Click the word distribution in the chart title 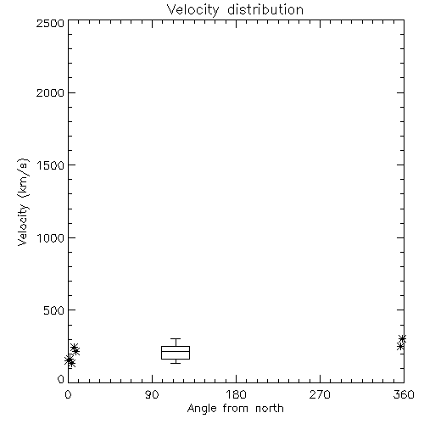(x=265, y=10)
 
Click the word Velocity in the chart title (x=193, y=11)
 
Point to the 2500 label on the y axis (x=50, y=23)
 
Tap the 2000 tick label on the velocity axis (x=50, y=92)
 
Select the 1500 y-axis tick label (x=51, y=165)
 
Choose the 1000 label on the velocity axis (x=51, y=238)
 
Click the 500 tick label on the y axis (x=54, y=310)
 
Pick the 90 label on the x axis (x=152, y=394)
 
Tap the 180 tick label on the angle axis (x=236, y=394)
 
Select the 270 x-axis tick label (x=320, y=394)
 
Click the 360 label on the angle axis (x=404, y=394)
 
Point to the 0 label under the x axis (x=68, y=394)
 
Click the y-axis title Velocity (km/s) (x=23, y=202)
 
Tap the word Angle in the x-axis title (x=202, y=410)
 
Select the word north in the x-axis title (x=270, y=409)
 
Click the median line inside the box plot (x=176, y=351)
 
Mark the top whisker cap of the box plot (x=176, y=338)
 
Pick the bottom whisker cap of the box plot (x=176, y=363)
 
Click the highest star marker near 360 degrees (x=402, y=338)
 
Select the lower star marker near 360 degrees (x=400, y=346)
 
